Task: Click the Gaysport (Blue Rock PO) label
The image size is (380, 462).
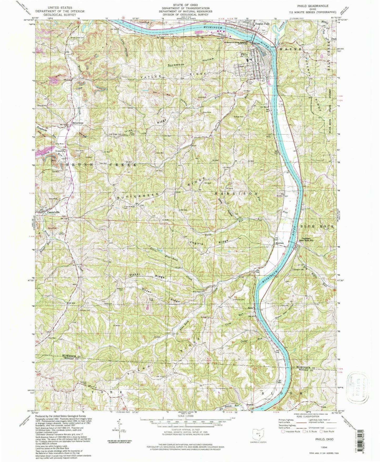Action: (x=309, y=240)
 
